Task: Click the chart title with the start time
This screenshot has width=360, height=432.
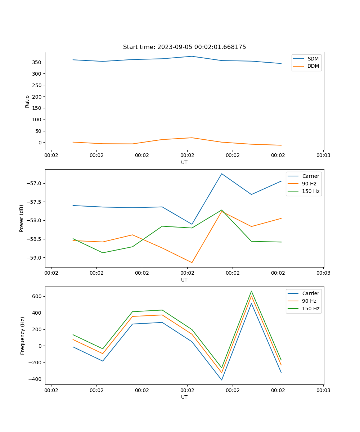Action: point(184,47)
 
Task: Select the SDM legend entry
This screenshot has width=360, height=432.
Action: point(313,59)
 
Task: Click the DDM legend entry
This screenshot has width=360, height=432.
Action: point(313,66)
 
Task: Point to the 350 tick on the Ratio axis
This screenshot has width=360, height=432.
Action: point(37,62)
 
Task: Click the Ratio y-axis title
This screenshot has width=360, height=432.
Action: point(27,101)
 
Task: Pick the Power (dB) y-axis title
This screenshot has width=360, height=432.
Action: point(22,218)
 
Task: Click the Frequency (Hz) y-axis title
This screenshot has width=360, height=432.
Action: point(23,336)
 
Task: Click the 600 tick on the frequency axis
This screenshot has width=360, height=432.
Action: point(37,296)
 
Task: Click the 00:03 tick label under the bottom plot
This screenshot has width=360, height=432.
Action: point(323,390)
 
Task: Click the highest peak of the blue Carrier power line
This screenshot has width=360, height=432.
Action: point(222,174)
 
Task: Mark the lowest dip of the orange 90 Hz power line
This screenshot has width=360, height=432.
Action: point(192,262)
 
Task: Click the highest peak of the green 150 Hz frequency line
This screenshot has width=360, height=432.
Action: point(251,291)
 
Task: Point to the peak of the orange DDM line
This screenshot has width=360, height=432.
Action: point(192,138)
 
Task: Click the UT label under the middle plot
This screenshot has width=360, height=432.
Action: point(184,280)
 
